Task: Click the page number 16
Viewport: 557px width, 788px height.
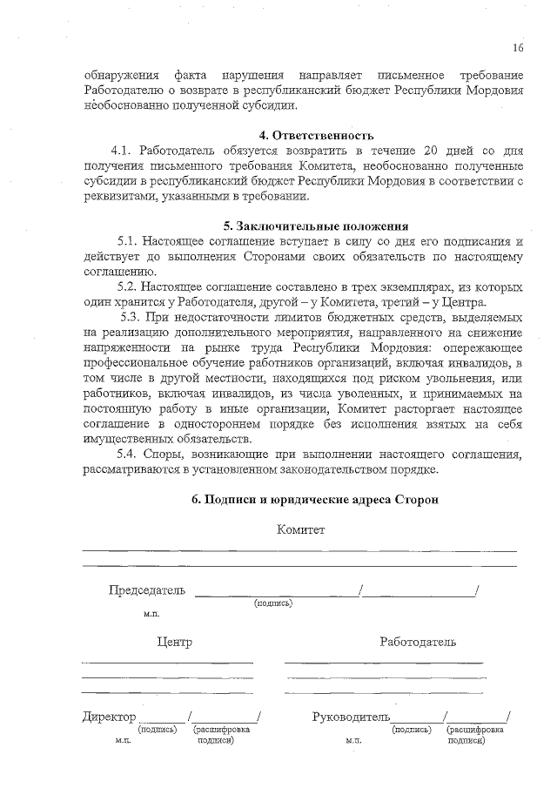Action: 518,47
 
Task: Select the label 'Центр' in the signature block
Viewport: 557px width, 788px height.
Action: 175,642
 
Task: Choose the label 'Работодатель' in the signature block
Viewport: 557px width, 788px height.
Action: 417,642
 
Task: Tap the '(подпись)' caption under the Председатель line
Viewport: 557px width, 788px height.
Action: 273,603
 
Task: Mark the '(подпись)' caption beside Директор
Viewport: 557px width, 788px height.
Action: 158,730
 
